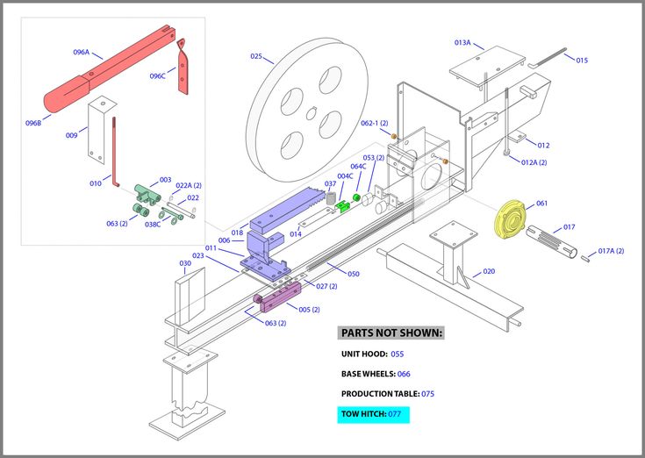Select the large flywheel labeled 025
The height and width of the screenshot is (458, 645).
[x=307, y=103]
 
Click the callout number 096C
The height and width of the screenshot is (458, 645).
[x=157, y=75]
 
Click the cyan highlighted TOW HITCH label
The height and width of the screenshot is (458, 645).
[x=373, y=413]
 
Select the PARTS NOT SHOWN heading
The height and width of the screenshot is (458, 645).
[x=391, y=333]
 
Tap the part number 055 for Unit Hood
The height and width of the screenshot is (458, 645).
[x=397, y=354]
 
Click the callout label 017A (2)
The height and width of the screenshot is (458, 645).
[x=611, y=251]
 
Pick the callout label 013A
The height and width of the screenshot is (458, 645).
[x=462, y=42]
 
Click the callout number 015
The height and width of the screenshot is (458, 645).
[x=582, y=60]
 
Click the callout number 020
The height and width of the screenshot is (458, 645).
[x=489, y=272]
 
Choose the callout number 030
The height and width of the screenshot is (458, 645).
[x=185, y=263]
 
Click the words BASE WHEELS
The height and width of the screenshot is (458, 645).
[x=367, y=374]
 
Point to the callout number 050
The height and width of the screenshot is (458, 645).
[x=353, y=274]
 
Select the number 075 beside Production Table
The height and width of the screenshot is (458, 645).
[x=427, y=394]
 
